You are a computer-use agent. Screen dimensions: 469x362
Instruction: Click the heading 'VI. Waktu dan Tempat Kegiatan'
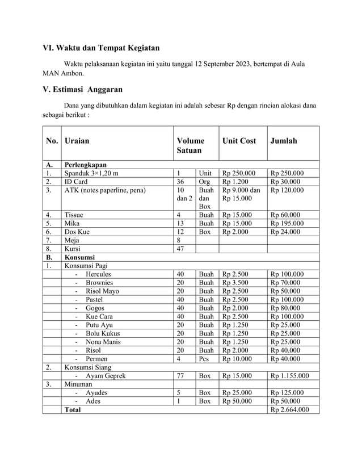(x=101, y=47)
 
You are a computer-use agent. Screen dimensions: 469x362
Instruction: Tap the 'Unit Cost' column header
(x=239, y=141)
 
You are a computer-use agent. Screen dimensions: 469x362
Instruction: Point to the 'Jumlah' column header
(x=284, y=141)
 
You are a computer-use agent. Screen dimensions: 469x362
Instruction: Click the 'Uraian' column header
(x=77, y=141)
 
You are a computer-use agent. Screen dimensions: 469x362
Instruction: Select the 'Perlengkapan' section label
(x=86, y=165)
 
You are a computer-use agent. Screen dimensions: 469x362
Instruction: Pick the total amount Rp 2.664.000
(x=290, y=409)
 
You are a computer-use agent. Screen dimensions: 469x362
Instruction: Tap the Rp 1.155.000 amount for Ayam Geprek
(x=290, y=375)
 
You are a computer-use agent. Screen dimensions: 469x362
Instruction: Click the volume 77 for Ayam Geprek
(x=182, y=375)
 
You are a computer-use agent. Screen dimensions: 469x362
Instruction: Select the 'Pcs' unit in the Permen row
(x=204, y=359)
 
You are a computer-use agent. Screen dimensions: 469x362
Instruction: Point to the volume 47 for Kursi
(x=182, y=249)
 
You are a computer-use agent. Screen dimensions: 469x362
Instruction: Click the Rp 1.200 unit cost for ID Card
(x=235, y=182)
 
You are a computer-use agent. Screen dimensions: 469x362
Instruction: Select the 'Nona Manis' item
(x=104, y=342)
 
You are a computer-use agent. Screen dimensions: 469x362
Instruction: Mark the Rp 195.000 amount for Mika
(x=287, y=223)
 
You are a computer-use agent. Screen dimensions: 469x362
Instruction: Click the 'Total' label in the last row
(x=73, y=409)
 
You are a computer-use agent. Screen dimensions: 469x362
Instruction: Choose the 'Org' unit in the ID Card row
(x=204, y=182)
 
